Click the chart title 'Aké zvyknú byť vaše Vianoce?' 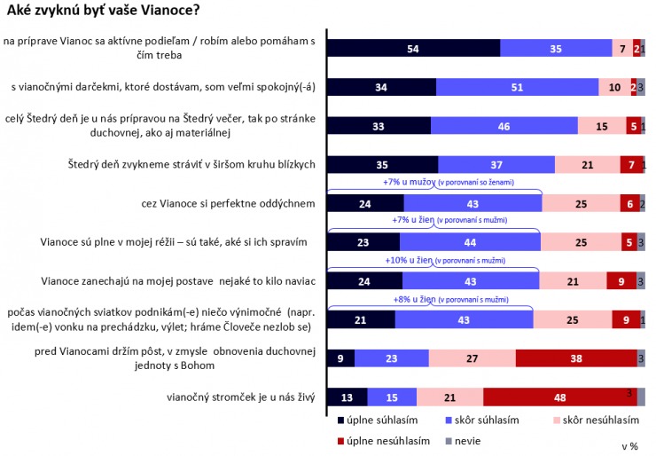[103, 12]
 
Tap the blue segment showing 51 [516, 87]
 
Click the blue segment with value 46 [504, 126]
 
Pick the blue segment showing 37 [496, 165]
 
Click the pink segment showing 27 [472, 358]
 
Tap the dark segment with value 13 [348, 397]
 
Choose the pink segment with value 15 [600, 126]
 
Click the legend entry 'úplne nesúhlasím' [383, 440]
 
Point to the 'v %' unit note [630, 445]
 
